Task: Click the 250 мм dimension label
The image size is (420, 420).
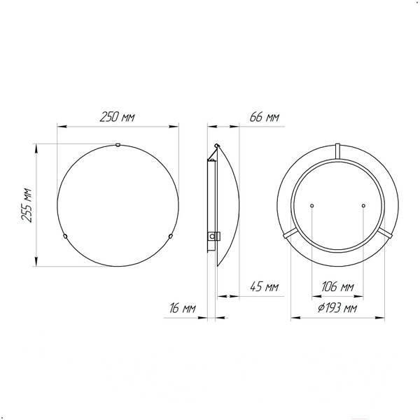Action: (117, 117)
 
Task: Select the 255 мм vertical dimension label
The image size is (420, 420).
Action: (27, 205)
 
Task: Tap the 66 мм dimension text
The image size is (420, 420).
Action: (265, 117)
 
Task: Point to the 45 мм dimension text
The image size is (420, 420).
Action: (265, 287)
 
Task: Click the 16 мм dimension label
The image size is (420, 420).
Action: (183, 308)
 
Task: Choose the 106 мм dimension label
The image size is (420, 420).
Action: (337, 287)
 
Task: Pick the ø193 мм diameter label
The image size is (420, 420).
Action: (337, 308)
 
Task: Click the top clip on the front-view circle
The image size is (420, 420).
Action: (118, 145)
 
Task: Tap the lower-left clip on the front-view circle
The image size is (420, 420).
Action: (65, 236)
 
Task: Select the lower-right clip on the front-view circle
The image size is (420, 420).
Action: (170, 236)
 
